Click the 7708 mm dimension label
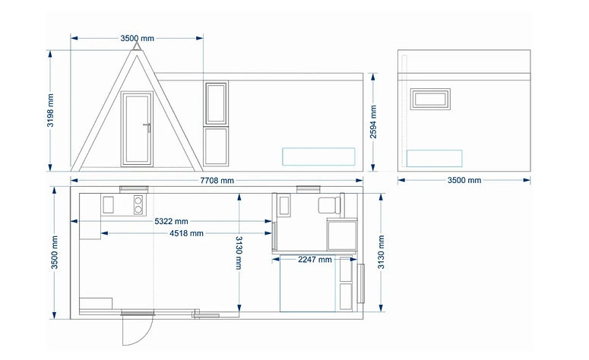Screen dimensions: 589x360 tap(217, 181)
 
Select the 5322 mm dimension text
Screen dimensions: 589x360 tap(171, 221)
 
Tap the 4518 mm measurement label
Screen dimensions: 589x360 tap(186, 233)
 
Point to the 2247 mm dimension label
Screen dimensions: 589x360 tap(315, 260)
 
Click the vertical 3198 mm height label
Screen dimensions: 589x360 tap(50, 110)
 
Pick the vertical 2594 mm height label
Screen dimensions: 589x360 tap(373, 122)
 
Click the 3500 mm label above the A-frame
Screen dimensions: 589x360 tap(137, 38)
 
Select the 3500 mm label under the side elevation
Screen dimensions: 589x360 tap(464, 180)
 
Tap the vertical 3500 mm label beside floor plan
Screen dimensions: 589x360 tap(55, 252)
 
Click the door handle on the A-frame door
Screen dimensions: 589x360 tap(147, 127)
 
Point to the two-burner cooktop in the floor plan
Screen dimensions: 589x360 tap(138, 205)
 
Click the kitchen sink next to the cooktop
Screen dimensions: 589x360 tap(108, 205)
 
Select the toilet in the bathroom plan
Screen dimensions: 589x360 tap(329, 205)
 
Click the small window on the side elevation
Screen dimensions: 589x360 tap(430, 99)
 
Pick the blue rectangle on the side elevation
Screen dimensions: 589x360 tap(434, 159)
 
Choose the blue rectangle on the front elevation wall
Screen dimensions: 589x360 tap(318, 156)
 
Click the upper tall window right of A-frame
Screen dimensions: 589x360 tap(216, 103)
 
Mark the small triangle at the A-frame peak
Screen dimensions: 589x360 tap(137, 46)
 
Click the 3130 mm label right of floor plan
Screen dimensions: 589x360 tap(382, 252)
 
